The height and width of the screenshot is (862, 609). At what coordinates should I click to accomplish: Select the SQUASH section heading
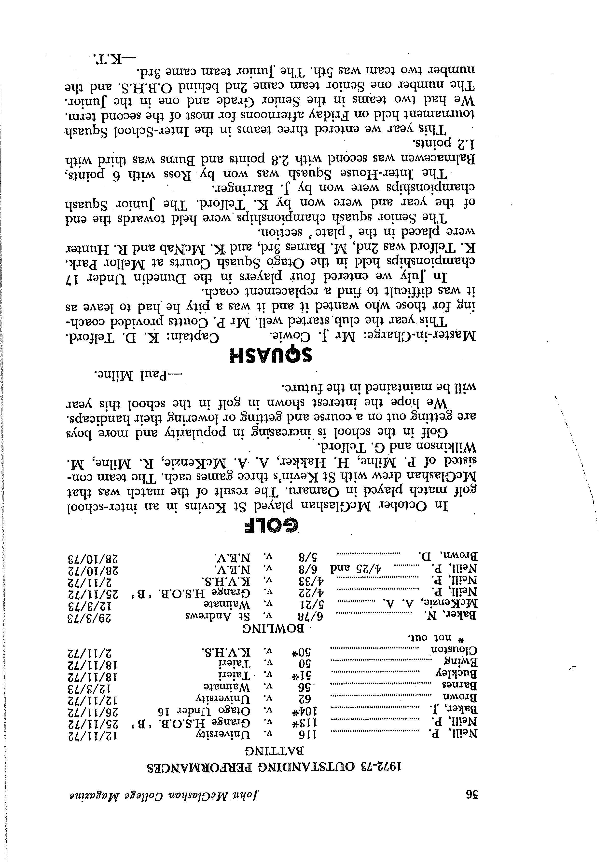click(x=271, y=356)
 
